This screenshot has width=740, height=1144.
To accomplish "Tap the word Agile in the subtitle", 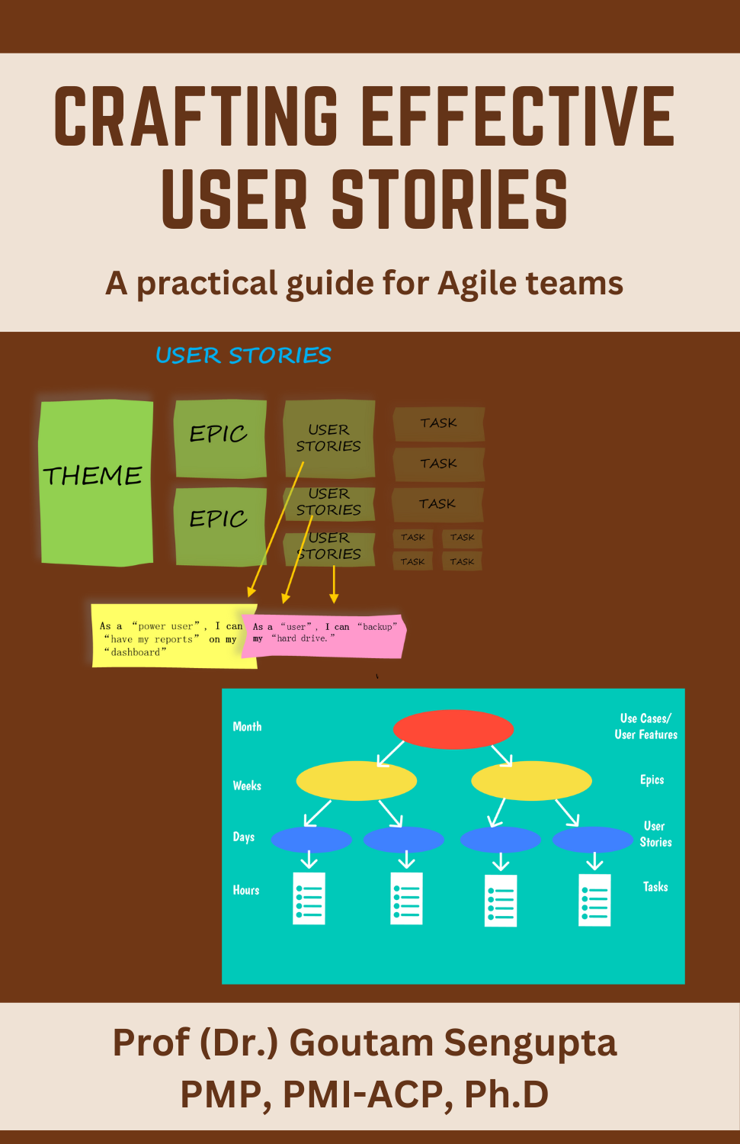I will [473, 284].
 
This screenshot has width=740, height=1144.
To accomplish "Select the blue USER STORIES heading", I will [243, 355].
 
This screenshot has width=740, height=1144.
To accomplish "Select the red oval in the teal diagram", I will [453, 729].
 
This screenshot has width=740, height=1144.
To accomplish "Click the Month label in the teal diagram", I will [247, 727].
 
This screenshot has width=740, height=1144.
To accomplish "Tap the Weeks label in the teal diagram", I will [247, 786].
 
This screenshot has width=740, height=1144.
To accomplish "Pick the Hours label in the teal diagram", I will [246, 890].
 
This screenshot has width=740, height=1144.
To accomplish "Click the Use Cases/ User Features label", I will [645, 726].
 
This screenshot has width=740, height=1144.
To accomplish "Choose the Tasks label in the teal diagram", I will [655, 886].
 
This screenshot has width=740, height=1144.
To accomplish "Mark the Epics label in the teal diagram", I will [652, 779].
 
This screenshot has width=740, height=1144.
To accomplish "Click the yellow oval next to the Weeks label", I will [356, 781].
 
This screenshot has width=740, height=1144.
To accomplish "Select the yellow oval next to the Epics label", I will [531, 781].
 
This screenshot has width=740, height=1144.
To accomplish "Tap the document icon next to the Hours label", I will [309, 898].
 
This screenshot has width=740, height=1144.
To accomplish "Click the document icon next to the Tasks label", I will [594, 900].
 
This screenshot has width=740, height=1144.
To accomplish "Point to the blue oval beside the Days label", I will [311, 840].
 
